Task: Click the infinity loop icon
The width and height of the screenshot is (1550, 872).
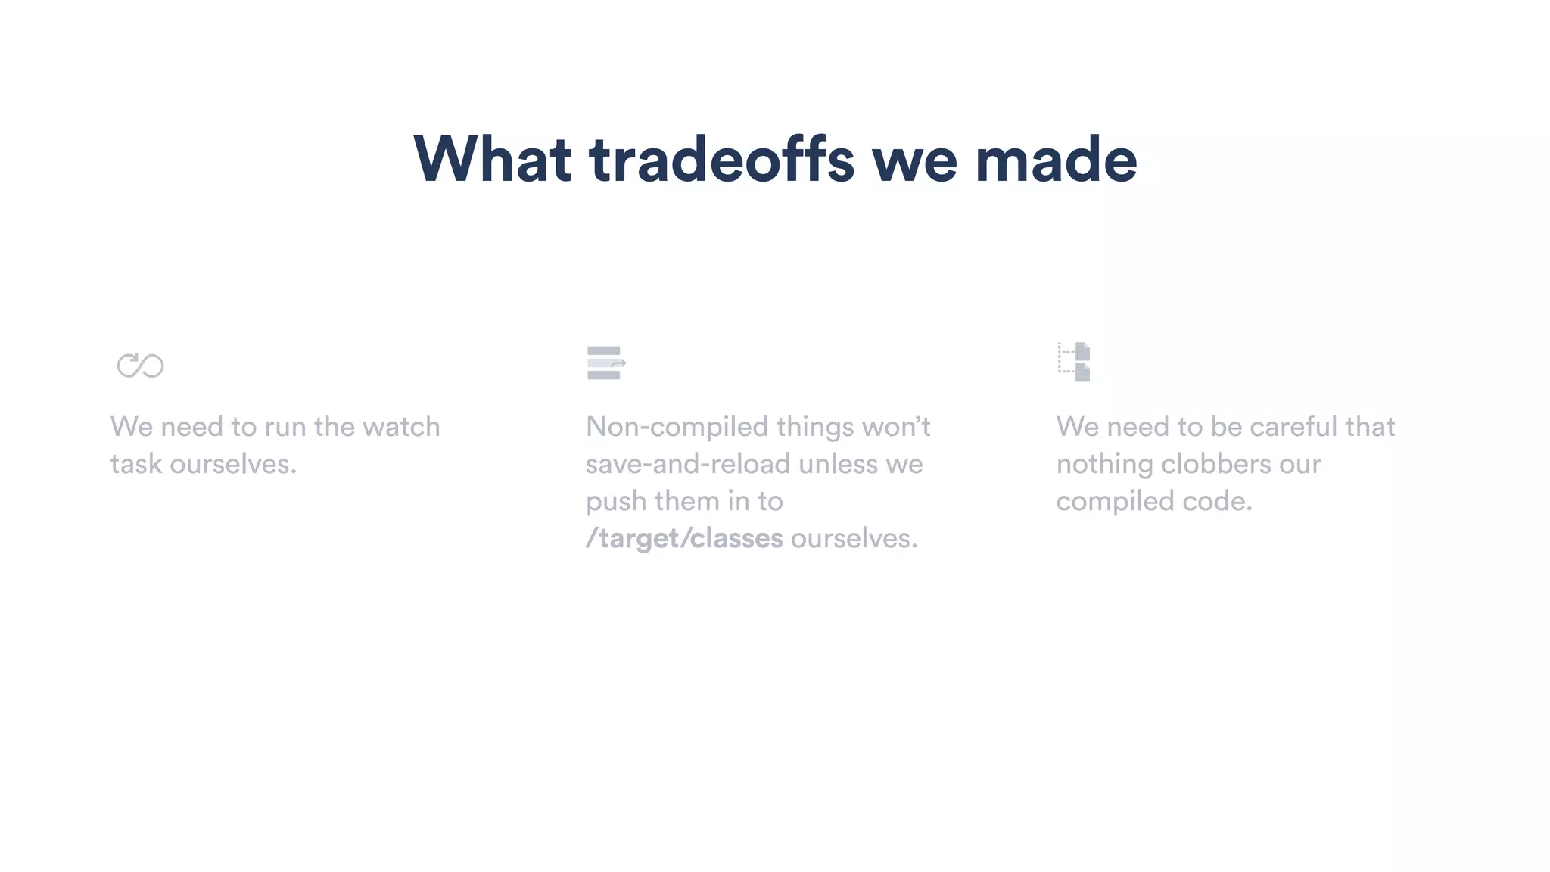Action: [x=140, y=366]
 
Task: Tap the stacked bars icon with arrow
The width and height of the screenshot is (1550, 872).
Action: [x=605, y=363]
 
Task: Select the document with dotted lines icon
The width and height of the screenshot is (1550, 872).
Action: [x=1074, y=362]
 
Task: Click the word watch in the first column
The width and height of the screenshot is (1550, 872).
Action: [x=401, y=427]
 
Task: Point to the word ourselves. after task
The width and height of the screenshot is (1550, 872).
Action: [x=233, y=464]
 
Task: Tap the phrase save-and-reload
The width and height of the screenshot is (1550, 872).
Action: [x=688, y=464]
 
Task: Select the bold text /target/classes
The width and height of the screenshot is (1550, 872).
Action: [x=684, y=538]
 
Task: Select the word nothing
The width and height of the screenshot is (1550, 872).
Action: [x=1104, y=464]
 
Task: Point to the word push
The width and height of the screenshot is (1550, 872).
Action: [x=616, y=501]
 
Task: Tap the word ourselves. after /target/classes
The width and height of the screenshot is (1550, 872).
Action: [x=854, y=538]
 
